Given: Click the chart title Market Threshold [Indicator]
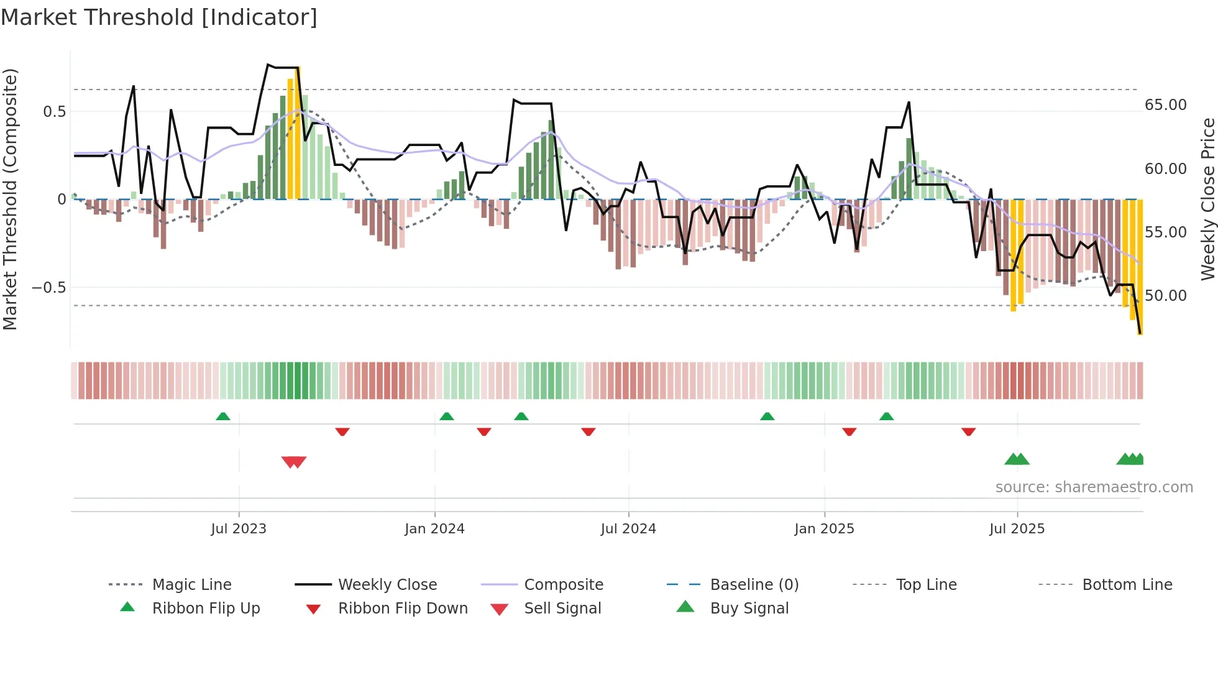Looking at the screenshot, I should [159, 17].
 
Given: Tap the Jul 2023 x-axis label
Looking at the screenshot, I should [239, 529].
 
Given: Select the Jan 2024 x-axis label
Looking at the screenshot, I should [434, 529].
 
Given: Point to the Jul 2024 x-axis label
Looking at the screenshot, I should [628, 529].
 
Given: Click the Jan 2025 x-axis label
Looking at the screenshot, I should [824, 529].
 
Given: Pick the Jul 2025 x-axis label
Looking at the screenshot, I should [1017, 529].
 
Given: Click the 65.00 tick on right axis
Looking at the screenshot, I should [1165, 105].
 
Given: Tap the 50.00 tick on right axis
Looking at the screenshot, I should [1165, 296].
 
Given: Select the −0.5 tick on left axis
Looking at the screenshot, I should [48, 288].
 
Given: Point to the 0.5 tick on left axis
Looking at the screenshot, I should [54, 112].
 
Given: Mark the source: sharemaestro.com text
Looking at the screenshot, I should [1094, 487].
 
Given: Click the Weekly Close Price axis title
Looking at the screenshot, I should [1207, 199].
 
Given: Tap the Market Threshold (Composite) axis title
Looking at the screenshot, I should [11, 199].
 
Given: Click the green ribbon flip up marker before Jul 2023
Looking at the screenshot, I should [223, 416].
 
